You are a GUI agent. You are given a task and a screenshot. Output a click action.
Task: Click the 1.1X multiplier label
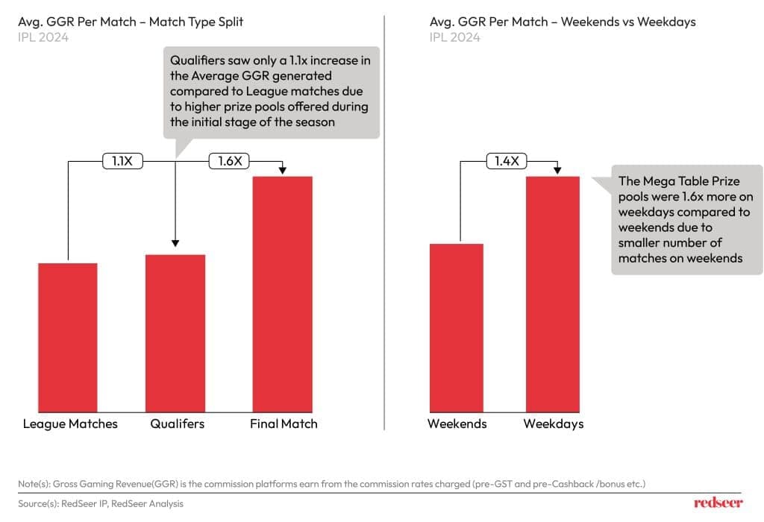122,160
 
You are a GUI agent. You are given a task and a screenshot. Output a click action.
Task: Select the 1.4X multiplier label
507,160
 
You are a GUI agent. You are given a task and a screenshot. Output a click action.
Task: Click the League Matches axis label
70,424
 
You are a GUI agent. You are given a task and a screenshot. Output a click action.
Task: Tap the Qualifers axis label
177,424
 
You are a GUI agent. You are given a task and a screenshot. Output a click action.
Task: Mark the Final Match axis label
284,424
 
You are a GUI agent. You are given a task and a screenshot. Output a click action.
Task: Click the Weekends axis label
457,424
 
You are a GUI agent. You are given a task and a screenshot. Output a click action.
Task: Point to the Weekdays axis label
553,424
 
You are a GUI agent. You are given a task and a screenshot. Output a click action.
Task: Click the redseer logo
718,503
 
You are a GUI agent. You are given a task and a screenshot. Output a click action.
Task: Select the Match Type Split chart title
131,22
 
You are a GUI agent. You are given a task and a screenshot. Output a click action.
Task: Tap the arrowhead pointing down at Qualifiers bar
175,242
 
